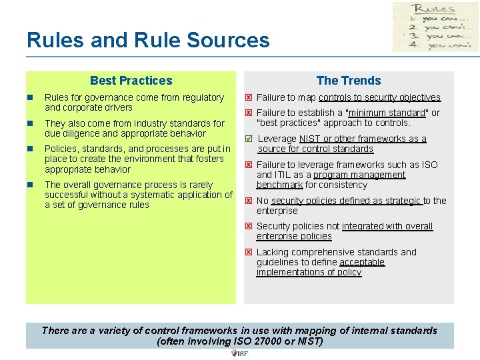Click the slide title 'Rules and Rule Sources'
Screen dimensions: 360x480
click(x=148, y=40)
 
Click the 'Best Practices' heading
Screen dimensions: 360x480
click(x=131, y=81)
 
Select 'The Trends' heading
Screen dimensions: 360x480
click(x=349, y=81)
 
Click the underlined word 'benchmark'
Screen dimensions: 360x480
click(x=279, y=185)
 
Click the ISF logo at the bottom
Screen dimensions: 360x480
click(x=239, y=353)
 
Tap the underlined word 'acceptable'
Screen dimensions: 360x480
click(x=362, y=262)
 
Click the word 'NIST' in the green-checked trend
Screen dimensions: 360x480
click(x=309, y=139)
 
